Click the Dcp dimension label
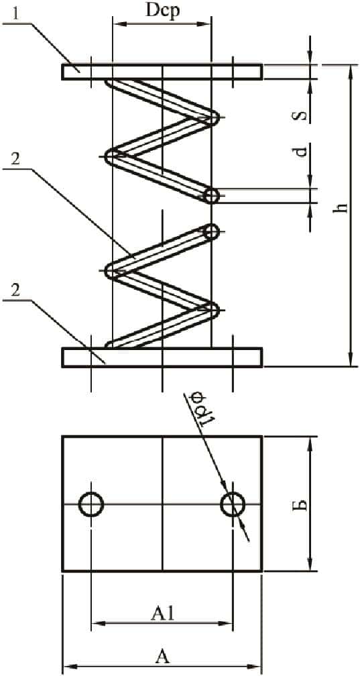coord(162,11)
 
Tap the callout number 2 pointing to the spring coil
coord(15,159)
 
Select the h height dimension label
coord(342,208)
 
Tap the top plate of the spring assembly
coord(162,72)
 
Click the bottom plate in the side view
coord(162,357)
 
